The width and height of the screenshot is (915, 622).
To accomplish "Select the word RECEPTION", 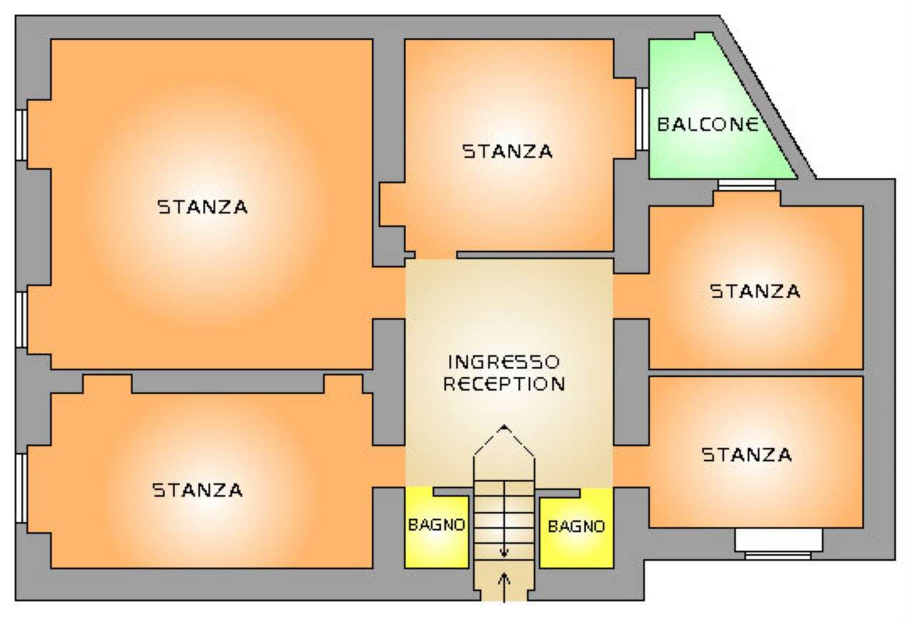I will [504, 383].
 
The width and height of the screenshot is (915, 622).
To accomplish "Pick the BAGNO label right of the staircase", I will [576, 527].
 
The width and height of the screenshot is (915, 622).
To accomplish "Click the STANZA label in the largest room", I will [202, 207].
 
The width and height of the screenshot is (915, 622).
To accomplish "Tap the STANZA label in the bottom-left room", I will [197, 490].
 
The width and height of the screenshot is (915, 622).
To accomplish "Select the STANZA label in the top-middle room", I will [508, 152].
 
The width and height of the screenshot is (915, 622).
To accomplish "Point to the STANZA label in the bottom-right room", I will [746, 455].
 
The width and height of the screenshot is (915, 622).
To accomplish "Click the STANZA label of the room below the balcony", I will [755, 291].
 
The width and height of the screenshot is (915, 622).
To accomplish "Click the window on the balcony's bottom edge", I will [746, 185].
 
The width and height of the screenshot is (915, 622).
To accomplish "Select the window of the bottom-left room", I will [21, 488].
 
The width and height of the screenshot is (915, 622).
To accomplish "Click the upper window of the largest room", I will [21, 134].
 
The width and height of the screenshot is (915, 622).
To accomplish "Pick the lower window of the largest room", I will [21, 320].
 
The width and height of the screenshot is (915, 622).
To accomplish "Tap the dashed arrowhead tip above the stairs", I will [505, 428].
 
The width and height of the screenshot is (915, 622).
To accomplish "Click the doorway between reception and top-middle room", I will [435, 255].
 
